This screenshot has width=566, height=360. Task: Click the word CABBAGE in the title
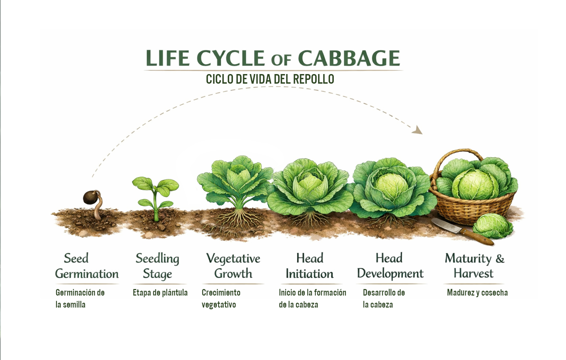(x=349, y=58)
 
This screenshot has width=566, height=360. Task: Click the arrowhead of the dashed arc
(x=417, y=130)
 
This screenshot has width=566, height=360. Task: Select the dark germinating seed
(x=90, y=197)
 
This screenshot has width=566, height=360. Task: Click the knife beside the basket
(x=461, y=231)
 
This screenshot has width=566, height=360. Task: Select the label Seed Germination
(x=87, y=266)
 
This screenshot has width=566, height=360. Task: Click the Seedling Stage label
(x=157, y=266)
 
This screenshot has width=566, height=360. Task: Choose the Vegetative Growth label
(x=233, y=266)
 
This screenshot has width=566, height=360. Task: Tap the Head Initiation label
(x=309, y=266)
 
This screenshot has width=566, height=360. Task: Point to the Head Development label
(x=390, y=266)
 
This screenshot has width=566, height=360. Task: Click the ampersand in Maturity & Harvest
(x=500, y=259)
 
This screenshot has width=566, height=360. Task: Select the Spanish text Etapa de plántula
(x=160, y=293)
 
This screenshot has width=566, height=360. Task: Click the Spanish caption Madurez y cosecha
(x=477, y=293)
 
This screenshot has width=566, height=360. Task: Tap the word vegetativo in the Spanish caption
(x=219, y=305)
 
